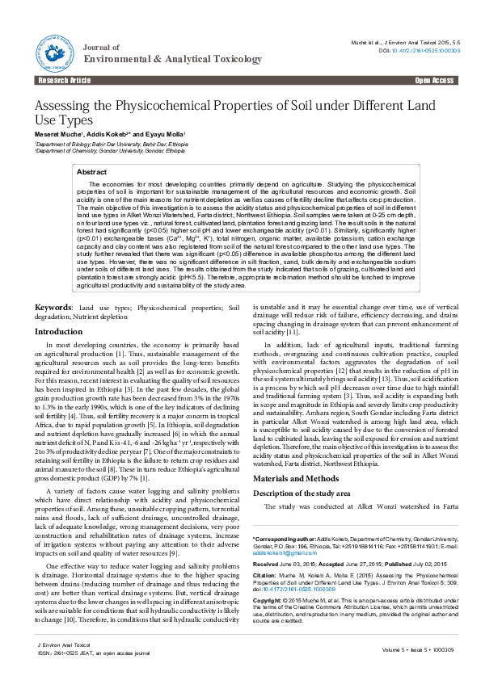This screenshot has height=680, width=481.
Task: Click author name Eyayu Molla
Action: (x=166, y=134)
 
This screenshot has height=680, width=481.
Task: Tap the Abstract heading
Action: (x=91, y=172)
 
